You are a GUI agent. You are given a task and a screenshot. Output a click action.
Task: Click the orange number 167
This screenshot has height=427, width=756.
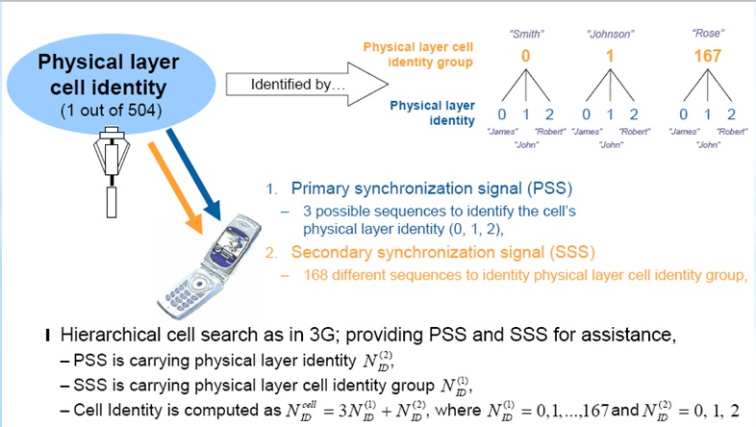point(707,56)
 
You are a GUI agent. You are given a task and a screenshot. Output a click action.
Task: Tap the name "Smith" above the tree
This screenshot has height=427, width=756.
point(526,35)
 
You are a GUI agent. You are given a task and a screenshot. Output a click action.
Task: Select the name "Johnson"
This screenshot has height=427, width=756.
point(611,35)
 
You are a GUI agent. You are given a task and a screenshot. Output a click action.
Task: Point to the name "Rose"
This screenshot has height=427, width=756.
point(708,34)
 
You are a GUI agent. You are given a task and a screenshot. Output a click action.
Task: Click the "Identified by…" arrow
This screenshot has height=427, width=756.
point(307,85)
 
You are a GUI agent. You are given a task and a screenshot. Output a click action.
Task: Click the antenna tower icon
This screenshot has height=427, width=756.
point(112,171)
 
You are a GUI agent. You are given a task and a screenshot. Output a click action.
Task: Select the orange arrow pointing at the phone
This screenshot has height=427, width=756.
point(175,188)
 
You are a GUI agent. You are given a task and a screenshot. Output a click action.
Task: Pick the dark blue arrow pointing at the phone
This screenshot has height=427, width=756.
point(193,174)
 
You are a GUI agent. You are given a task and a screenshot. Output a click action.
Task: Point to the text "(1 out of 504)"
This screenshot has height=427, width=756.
point(111,111)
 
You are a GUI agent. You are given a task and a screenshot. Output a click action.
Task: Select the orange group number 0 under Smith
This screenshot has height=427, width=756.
point(525,56)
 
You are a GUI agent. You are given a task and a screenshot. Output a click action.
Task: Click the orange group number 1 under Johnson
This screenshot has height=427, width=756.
point(610,56)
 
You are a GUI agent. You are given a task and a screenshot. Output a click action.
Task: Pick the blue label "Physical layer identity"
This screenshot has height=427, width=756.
point(433,113)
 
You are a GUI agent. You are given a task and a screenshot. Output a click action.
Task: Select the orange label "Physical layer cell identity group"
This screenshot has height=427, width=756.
point(418,55)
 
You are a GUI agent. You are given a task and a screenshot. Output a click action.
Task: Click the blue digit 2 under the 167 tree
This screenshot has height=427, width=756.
point(731,114)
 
